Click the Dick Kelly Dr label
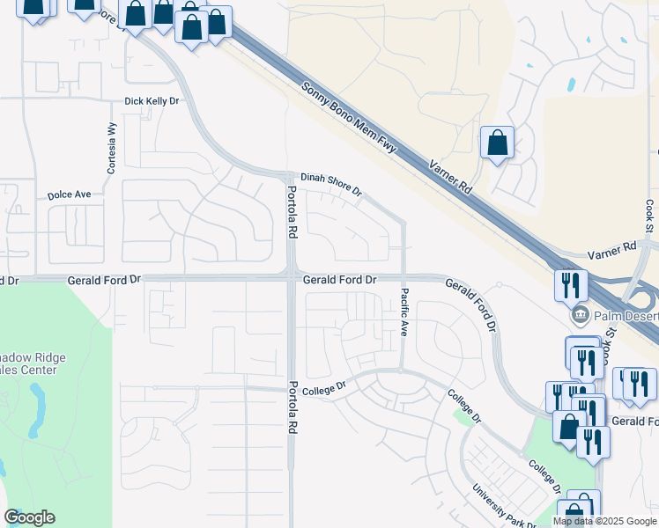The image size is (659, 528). point(152,102)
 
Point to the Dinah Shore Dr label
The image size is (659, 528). point(331,184)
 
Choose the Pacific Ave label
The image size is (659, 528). point(404,312)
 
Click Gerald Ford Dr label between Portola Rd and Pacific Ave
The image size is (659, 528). point(340,279)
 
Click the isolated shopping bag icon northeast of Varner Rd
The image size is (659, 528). point(497,143)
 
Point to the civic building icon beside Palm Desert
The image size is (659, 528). point(579,315)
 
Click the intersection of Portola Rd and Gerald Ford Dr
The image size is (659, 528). point(291,277)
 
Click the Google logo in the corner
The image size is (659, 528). point(29,517)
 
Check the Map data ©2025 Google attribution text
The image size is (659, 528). point(604,521)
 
